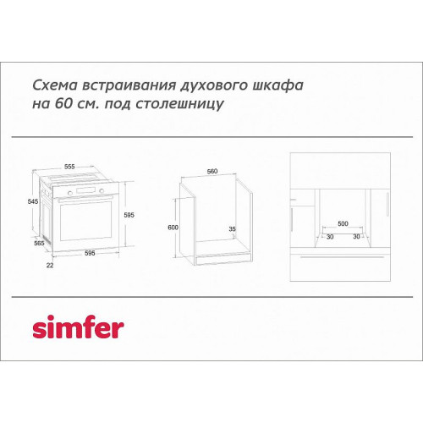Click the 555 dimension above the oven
tap(69, 167)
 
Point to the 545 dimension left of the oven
tap(33, 201)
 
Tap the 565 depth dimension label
tap(39, 243)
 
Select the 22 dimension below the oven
tap(50, 265)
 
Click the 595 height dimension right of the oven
tap(129, 215)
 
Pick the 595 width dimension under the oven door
tap(90, 253)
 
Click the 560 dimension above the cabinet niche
tap(212, 171)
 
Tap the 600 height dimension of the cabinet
tap(173, 228)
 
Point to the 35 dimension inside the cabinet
tap(232, 228)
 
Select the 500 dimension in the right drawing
tap(343, 223)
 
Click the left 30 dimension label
tap(330, 237)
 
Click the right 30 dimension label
tap(356, 236)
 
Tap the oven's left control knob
tap(70, 193)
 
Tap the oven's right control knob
tap(102, 191)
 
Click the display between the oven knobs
tap(86, 190)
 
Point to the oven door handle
tap(85, 199)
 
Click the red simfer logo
tap(78, 327)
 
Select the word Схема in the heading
tap(55, 85)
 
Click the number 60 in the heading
tap(63, 103)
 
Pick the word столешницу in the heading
tap(179, 104)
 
